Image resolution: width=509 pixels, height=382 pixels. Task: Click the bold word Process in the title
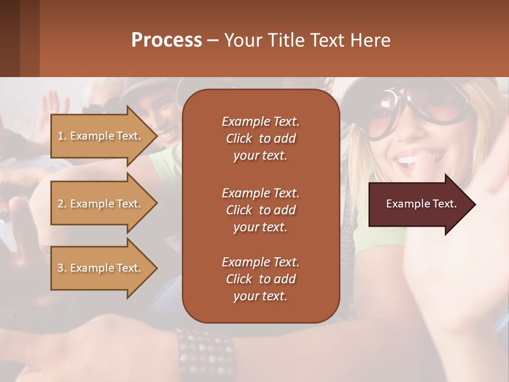pyautogui.click(x=166, y=40)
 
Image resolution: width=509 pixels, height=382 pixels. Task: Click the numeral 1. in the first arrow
pyautogui.click(x=62, y=136)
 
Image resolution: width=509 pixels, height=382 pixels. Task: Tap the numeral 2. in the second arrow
pyautogui.click(x=62, y=204)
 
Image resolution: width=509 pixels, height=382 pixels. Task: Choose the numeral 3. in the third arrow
pyautogui.click(x=62, y=268)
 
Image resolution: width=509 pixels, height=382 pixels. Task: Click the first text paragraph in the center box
pyautogui.click(x=261, y=138)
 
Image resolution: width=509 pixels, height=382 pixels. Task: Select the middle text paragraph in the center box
pyautogui.click(x=261, y=210)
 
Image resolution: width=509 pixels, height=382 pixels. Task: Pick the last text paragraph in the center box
pyautogui.click(x=261, y=279)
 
